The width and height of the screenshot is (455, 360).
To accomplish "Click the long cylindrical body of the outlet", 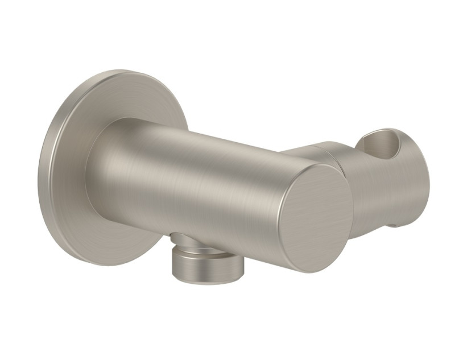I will pyautogui.click(x=199, y=182).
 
